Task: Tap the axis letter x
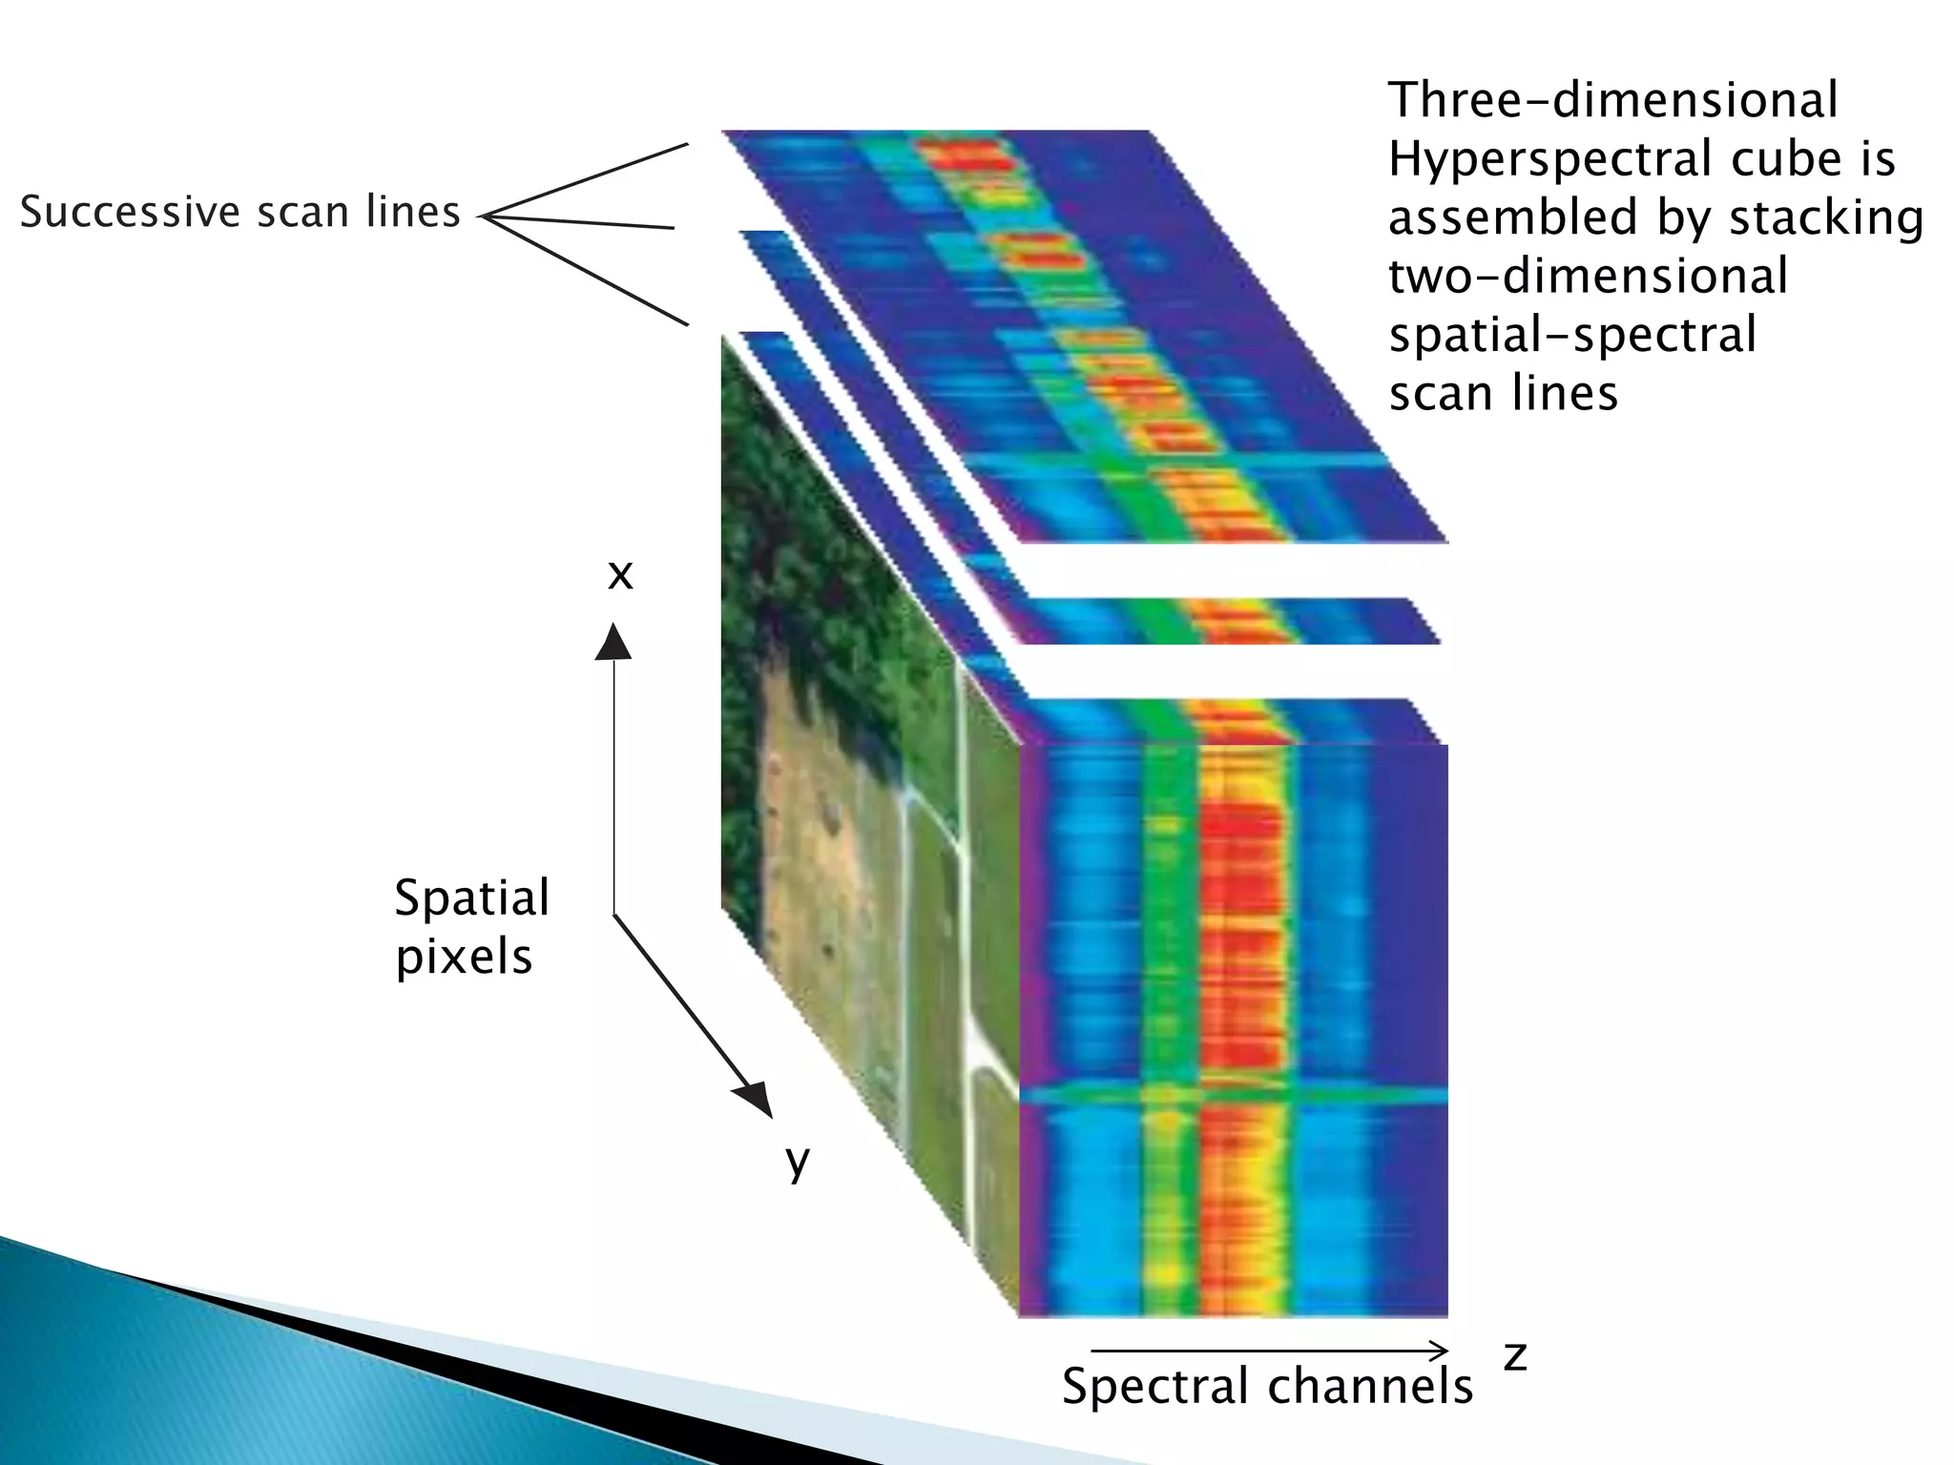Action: click(620, 575)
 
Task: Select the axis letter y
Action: click(798, 1162)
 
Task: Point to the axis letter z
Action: click(1514, 1356)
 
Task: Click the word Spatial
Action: click(472, 898)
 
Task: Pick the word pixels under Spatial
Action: click(464, 957)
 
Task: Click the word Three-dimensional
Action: click(1612, 100)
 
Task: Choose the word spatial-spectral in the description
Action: click(1571, 335)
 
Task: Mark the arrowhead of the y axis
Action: click(756, 1100)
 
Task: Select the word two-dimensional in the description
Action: click(1588, 277)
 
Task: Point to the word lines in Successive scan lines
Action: click(413, 212)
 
